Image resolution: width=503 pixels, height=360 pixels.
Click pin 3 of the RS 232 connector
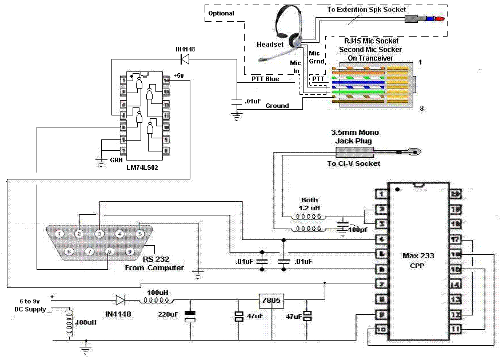[x=99, y=233]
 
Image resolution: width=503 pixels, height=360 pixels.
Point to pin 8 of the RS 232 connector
[x=109, y=251]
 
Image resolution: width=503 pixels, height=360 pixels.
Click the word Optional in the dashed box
[x=221, y=13]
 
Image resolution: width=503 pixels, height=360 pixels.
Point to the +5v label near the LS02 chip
[x=178, y=75]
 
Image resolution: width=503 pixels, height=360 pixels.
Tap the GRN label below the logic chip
[x=117, y=161]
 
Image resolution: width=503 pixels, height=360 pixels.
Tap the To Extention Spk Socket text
[x=366, y=10]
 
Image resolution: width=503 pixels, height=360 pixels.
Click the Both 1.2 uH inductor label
[x=309, y=205]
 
